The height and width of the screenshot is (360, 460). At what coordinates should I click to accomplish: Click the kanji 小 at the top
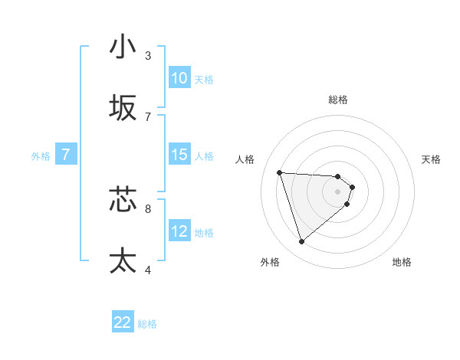click(x=123, y=47)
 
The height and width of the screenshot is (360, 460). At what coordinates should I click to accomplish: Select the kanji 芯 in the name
click(x=123, y=199)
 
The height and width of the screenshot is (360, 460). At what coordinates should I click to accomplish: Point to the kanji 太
click(x=123, y=260)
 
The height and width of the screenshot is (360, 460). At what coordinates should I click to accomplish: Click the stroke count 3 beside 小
click(x=148, y=56)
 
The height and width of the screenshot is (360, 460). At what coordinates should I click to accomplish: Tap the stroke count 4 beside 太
click(x=148, y=270)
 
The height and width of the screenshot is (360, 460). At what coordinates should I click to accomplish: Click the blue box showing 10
click(x=179, y=78)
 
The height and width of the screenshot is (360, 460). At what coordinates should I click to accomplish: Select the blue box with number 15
click(x=179, y=155)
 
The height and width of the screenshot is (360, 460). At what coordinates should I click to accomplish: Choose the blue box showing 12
click(x=179, y=231)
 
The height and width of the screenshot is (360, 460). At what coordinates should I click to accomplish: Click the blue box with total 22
click(x=123, y=322)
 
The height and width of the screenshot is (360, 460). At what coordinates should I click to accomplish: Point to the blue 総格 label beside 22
click(x=148, y=324)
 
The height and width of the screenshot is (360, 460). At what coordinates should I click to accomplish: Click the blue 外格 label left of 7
click(x=41, y=156)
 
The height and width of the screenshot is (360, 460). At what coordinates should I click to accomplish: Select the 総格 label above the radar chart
click(x=338, y=100)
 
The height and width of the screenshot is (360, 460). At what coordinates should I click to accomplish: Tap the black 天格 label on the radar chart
click(x=431, y=159)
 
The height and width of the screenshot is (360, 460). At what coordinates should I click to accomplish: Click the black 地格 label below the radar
click(x=402, y=262)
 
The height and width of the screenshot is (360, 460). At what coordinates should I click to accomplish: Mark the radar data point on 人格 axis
click(x=280, y=172)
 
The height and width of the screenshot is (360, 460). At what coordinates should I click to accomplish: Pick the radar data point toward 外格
click(x=301, y=242)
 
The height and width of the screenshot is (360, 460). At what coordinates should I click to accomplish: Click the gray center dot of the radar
click(x=338, y=201)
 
